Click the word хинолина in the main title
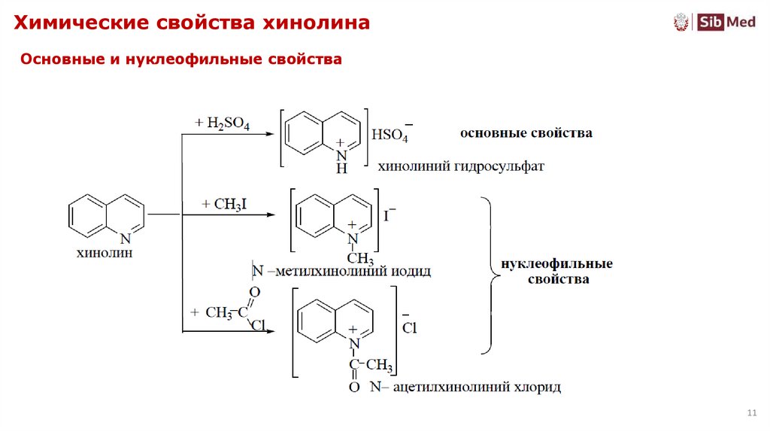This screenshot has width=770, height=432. pyautogui.click(x=315, y=23)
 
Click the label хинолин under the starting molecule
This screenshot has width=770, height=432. pyautogui.click(x=105, y=254)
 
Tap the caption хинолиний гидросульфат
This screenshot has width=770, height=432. pyautogui.click(x=459, y=166)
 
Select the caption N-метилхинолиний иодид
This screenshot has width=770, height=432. pyautogui.click(x=342, y=271)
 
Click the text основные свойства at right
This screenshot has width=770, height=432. pyautogui.click(x=526, y=133)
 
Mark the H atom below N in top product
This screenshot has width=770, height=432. pyautogui.click(x=341, y=169)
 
